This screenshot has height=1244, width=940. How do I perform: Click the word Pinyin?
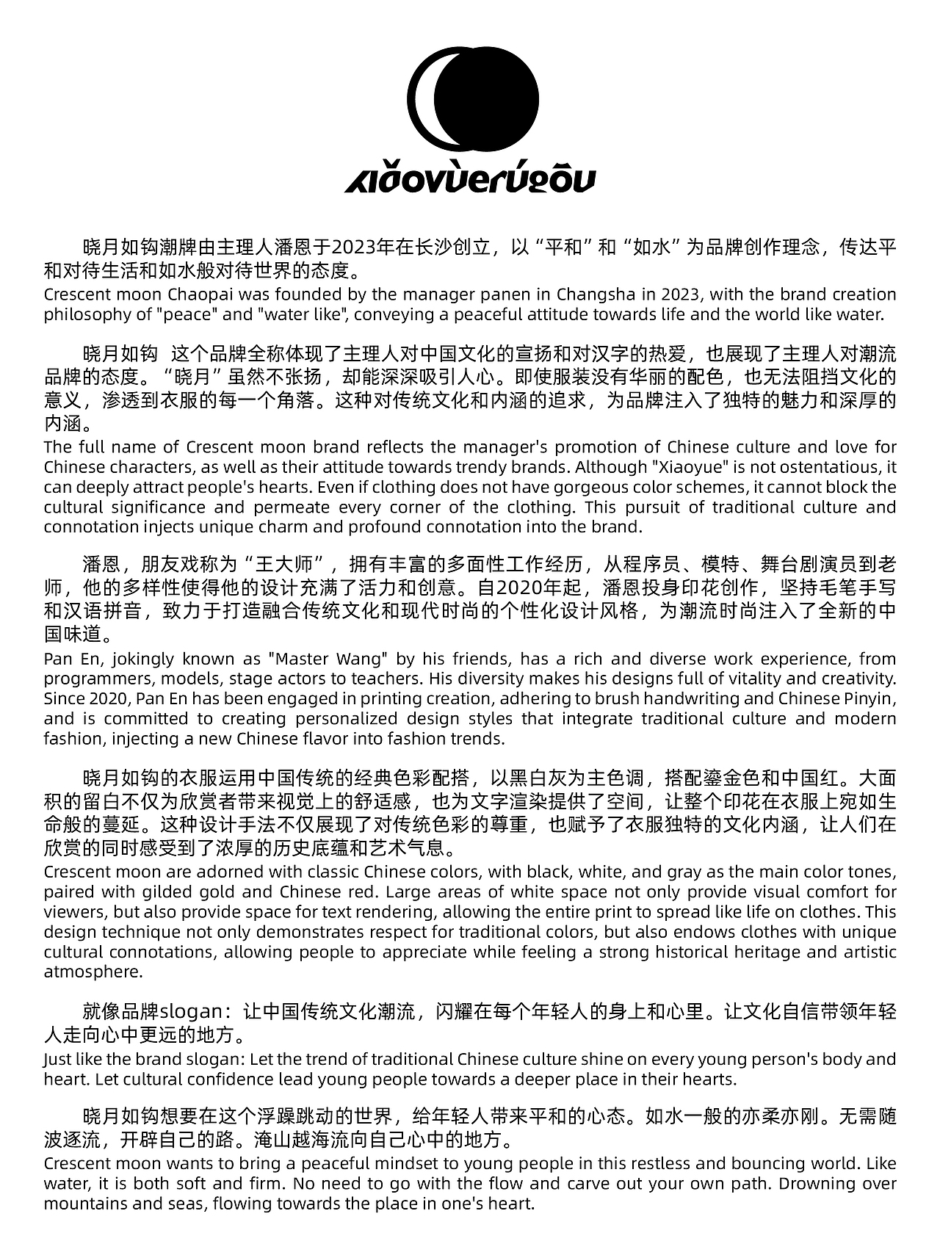pos(869,698)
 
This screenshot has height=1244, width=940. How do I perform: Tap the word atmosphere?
pos(92,972)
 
